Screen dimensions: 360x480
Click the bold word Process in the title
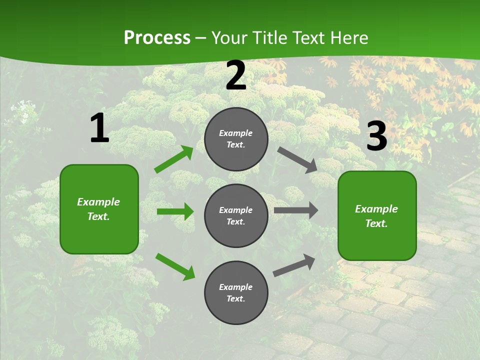[x=157, y=38]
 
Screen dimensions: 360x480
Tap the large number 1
[x=99, y=128]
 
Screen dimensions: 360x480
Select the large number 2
[x=236, y=75]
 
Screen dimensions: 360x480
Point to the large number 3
[x=376, y=136]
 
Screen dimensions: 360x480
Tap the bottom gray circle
[x=236, y=310]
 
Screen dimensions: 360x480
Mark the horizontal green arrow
[x=175, y=211]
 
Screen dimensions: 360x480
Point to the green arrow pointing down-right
[x=175, y=266]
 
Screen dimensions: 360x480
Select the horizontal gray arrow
[x=296, y=210]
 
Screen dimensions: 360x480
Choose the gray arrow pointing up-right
[x=294, y=265]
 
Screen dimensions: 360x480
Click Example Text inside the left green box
[x=98, y=209]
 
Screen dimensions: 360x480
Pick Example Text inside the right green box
[x=376, y=216]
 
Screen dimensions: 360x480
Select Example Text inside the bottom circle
[x=236, y=292]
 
